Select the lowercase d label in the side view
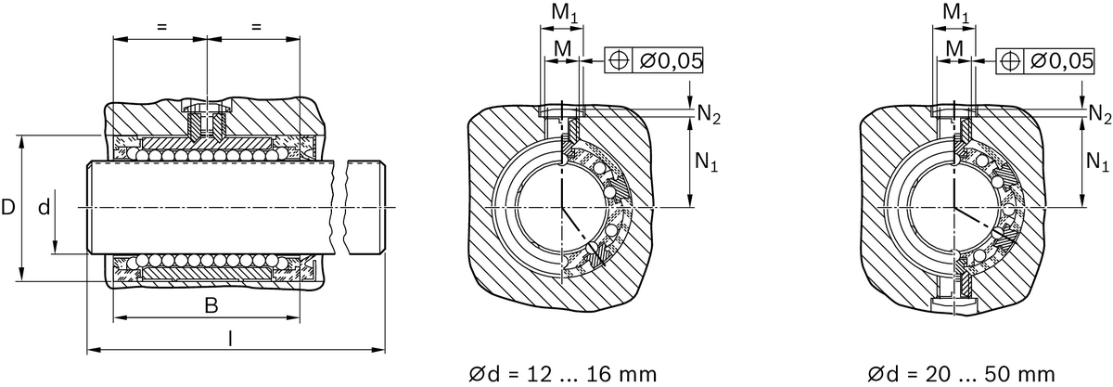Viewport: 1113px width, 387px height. pos(44,208)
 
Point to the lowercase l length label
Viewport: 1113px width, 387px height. pos(230,339)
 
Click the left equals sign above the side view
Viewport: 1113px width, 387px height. pos(160,27)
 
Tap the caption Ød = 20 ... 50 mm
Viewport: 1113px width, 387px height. pos(961,374)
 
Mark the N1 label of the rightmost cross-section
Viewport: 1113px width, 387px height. pos(1097,161)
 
